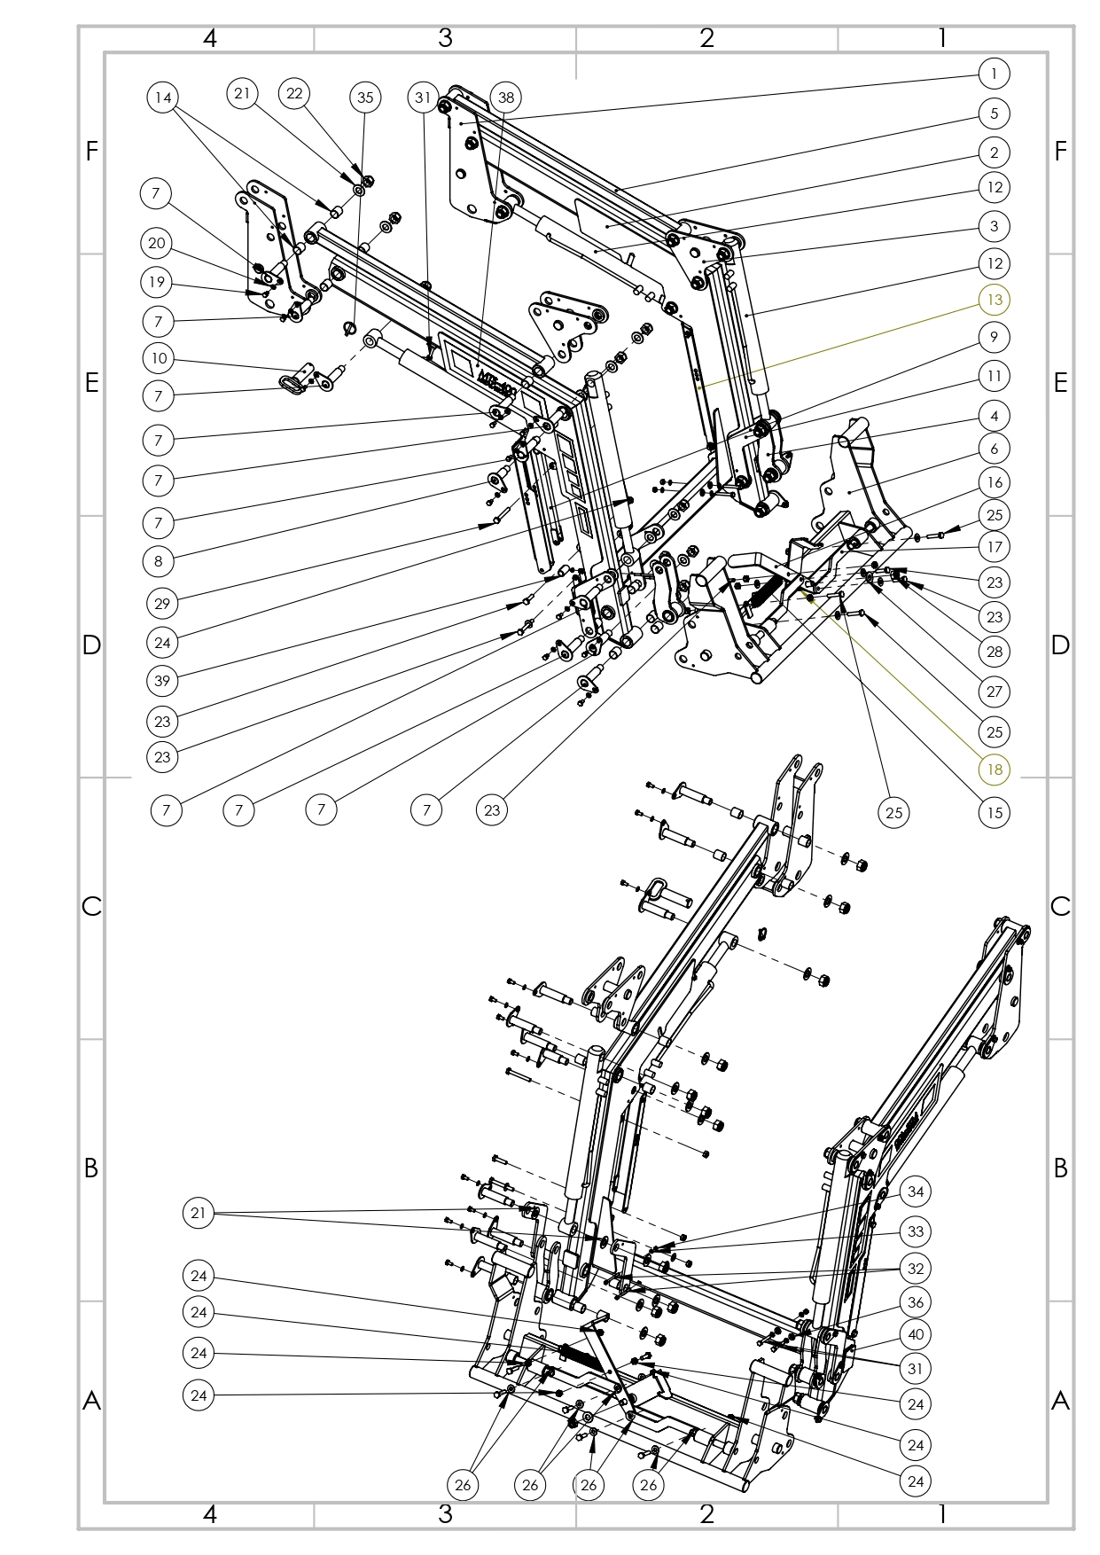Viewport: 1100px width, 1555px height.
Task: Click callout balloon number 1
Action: pos(995,74)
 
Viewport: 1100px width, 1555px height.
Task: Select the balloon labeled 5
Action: pos(995,113)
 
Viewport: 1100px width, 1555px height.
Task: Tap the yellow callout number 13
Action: pos(995,300)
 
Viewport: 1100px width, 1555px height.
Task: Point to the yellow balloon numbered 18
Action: pos(995,769)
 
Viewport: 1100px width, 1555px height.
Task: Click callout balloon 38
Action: pos(506,98)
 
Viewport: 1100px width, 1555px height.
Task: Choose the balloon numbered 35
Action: pos(365,98)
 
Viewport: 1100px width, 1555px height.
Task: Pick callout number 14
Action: pos(162,98)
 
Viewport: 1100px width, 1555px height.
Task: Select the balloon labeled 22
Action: pos(294,94)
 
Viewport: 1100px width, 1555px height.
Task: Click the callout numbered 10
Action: pos(159,358)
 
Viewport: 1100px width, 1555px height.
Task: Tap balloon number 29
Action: pos(162,604)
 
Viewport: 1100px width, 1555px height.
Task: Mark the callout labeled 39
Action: pos(162,680)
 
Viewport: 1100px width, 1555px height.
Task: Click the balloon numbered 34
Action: pos(916,1192)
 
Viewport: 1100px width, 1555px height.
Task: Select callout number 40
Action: pos(916,1334)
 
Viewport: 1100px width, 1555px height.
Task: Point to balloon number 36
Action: pos(916,1302)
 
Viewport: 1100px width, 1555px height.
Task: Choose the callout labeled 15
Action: pos(995,812)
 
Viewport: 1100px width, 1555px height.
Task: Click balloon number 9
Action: pos(995,337)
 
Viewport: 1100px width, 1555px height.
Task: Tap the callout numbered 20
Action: pos(157,243)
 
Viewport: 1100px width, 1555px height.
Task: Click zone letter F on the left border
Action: pos(91,152)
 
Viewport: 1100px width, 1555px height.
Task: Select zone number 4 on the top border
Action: pos(209,38)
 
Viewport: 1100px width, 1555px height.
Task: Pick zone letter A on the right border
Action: pos(1060,1401)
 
